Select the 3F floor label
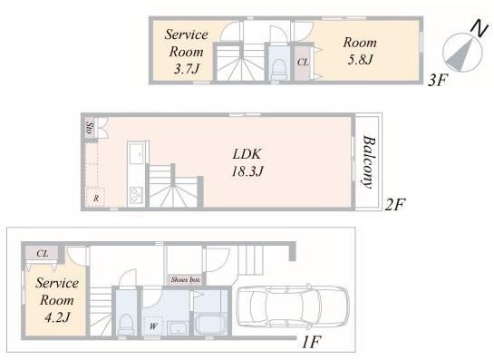pyautogui.click(x=437, y=80)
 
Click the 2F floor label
pyautogui.click(x=395, y=205)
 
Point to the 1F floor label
pyautogui.click(x=311, y=342)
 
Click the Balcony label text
pyautogui.click(x=369, y=161)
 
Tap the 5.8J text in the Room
pyautogui.click(x=361, y=60)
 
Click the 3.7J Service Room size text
pyautogui.click(x=187, y=68)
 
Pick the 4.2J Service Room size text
pyautogui.click(x=57, y=316)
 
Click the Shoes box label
pyautogui.click(x=185, y=279)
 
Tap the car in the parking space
pyautogui.click(x=293, y=306)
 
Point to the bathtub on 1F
pyautogui.click(x=210, y=325)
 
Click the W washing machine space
pyautogui.click(x=153, y=326)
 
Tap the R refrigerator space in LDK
pyautogui.click(x=95, y=198)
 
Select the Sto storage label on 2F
pyautogui.click(x=90, y=127)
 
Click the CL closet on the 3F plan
pyautogui.click(x=303, y=63)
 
